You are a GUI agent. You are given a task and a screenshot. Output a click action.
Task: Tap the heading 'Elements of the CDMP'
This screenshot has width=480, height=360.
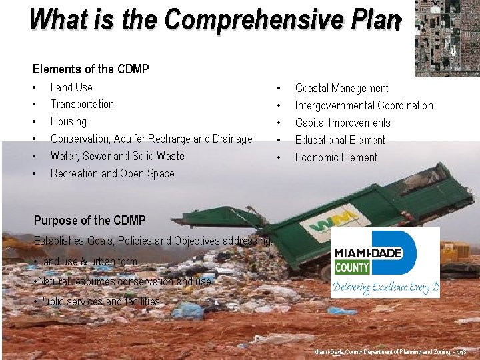[x=91, y=69]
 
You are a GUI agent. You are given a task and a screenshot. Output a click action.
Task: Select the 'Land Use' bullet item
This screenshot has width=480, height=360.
[x=71, y=87]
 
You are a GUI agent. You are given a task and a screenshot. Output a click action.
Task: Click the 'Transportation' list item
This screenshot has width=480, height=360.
[x=82, y=104]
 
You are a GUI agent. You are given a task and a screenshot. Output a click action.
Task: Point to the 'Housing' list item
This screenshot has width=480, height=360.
[x=69, y=121]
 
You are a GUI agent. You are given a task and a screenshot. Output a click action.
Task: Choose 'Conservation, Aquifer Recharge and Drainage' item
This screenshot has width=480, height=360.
[x=151, y=139]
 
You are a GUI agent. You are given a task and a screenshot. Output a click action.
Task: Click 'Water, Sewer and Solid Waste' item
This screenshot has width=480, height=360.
[x=117, y=156]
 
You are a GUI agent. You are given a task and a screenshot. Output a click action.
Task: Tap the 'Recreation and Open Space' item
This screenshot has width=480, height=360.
[x=112, y=173]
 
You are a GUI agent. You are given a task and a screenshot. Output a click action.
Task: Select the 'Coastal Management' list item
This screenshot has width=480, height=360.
[x=341, y=88]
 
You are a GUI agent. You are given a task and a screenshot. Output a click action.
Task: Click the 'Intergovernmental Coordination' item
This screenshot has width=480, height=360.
[x=363, y=105]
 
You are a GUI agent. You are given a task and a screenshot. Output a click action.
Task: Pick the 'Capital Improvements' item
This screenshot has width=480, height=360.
[x=343, y=123]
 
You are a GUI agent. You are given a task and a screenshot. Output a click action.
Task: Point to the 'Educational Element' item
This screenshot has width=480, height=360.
[x=340, y=140]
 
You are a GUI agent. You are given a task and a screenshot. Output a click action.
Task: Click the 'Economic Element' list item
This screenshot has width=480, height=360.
[x=336, y=157]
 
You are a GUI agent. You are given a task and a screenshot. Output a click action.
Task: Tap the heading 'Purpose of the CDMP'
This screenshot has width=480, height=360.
[x=89, y=220]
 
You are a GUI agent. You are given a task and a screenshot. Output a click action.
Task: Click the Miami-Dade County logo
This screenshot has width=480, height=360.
[x=385, y=262]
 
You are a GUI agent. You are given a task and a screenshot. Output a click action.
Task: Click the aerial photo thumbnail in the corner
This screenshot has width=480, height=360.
[x=447, y=38]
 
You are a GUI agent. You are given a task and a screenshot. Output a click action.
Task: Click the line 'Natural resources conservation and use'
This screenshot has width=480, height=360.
[x=122, y=281]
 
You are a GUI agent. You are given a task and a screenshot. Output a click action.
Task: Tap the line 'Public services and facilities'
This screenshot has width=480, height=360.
[x=97, y=301]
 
